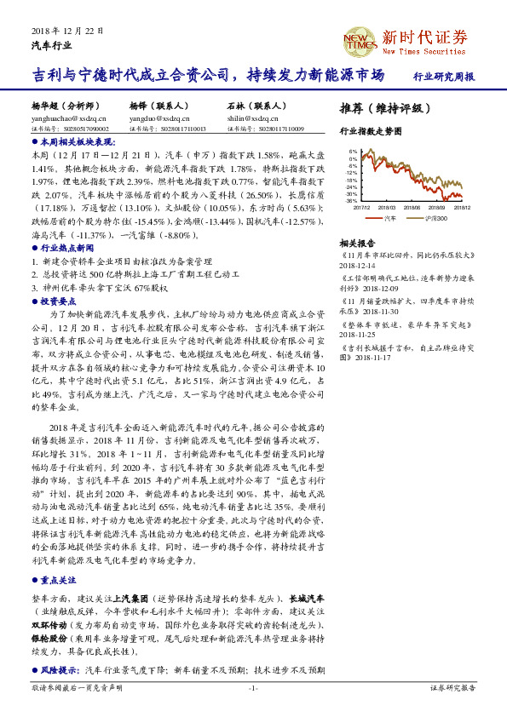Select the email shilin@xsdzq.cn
click(x=251, y=119)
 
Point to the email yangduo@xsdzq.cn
click(x=154, y=119)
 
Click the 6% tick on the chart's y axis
click(x=353, y=152)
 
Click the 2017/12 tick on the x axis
click(x=360, y=206)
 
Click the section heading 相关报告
click(x=354, y=243)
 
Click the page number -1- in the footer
click(x=253, y=686)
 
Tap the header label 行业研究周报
click(x=443, y=77)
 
